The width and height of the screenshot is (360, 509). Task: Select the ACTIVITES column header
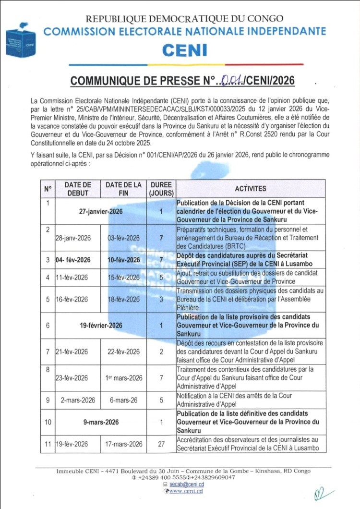click(251, 189)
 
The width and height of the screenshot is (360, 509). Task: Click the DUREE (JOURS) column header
click(161, 189)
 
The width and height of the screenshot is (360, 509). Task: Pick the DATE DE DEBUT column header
click(77, 189)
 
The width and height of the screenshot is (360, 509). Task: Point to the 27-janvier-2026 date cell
click(100, 211)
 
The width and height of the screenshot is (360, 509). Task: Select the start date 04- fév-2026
click(73, 260)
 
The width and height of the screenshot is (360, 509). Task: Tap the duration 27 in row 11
click(161, 444)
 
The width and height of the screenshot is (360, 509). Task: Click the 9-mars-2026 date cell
click(100, 422)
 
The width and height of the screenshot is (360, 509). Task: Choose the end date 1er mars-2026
click(124, 378)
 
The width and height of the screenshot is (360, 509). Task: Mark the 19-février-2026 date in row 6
click(101, 326)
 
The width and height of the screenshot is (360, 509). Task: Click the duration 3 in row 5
click(161, 299)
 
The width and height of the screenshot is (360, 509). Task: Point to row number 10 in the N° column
click(48, 422)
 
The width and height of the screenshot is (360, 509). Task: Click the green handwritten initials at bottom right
click(320, 493)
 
